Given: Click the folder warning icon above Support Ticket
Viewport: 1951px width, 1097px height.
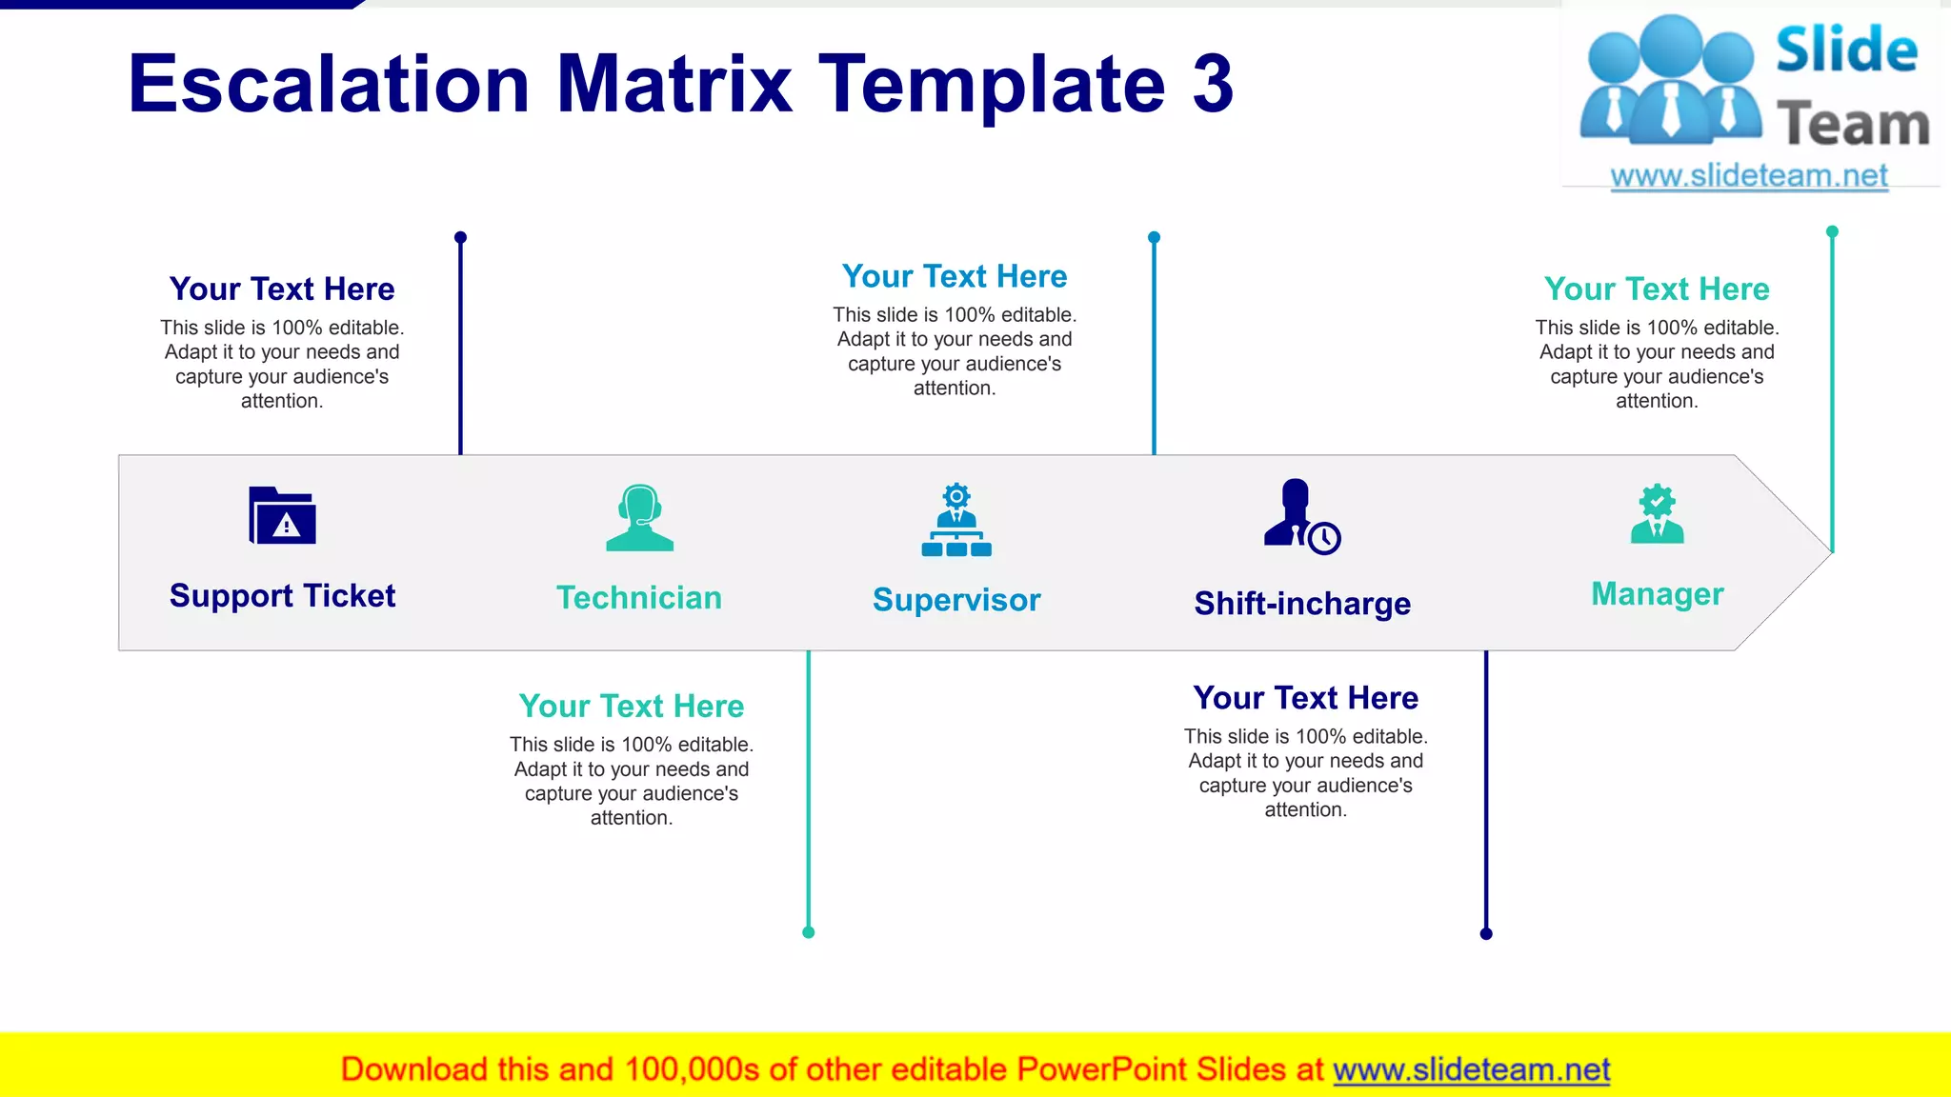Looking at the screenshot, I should point(282,516).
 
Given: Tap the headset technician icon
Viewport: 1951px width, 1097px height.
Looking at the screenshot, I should point(639,518).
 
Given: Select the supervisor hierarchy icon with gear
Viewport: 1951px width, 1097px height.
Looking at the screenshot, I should point(956,520).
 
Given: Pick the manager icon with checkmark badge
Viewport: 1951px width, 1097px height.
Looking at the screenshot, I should point(1657,514).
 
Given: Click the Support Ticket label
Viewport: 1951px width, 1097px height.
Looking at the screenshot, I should point(282,596).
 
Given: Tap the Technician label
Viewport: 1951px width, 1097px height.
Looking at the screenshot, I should point(639,598).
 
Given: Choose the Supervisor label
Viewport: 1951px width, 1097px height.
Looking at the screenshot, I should point(956,600).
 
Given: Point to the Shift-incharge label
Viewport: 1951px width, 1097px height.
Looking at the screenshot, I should point(1302,604).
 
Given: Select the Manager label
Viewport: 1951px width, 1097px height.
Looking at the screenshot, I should point(1657,594).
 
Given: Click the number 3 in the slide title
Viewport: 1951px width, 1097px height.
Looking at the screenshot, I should point(1213,84).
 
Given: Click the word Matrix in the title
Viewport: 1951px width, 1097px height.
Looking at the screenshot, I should point(674,84).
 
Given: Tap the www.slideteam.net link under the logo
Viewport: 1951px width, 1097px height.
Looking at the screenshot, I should point(1749,176).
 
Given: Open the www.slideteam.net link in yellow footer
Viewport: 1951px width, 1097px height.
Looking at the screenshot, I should point(1471,1069).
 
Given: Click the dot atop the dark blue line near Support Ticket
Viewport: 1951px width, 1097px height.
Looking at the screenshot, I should point(460,237).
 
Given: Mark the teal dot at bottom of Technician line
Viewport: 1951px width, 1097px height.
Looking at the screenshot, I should point(809,932).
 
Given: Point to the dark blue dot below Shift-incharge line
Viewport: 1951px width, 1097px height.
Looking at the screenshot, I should point(1486,933).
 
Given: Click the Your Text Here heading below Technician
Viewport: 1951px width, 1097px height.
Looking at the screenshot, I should point(632,707).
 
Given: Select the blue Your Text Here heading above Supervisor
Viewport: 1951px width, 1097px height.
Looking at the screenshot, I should point(955,276).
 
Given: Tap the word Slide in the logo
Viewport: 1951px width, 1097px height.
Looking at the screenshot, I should point(1846,50).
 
